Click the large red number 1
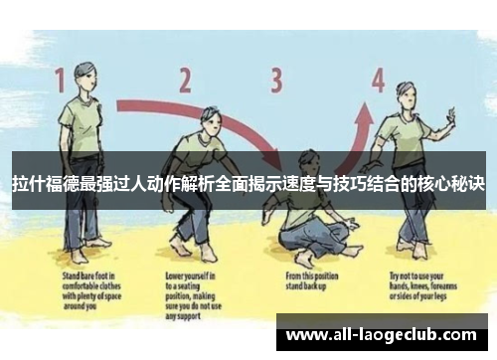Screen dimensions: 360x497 click(x=60, y=80)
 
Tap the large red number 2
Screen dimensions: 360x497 click(x=185, y=80)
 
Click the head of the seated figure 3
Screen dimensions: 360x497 click(x=308, y=159)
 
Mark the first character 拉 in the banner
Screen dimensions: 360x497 click(x=21, y=186)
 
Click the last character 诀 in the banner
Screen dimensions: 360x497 click(x=475, y=186)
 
